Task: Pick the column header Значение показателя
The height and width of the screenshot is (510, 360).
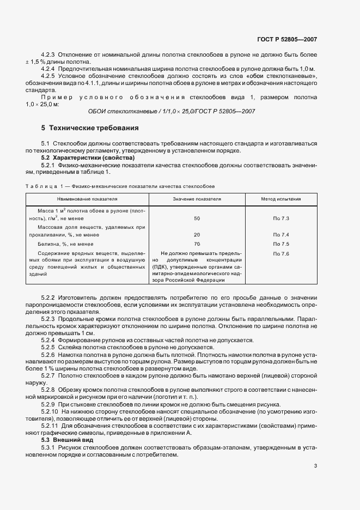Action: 197,199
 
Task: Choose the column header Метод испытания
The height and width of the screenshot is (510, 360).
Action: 280,199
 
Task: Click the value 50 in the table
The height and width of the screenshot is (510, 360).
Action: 197,218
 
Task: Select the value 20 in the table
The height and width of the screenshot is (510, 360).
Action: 197,235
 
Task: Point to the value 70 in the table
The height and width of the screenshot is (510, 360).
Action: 197,244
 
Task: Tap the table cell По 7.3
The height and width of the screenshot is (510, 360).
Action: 280,218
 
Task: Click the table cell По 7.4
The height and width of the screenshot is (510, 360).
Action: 280,235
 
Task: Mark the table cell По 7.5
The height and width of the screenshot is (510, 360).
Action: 280,244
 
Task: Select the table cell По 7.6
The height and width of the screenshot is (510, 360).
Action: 280,254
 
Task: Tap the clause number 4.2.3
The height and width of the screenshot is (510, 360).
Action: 48,56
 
